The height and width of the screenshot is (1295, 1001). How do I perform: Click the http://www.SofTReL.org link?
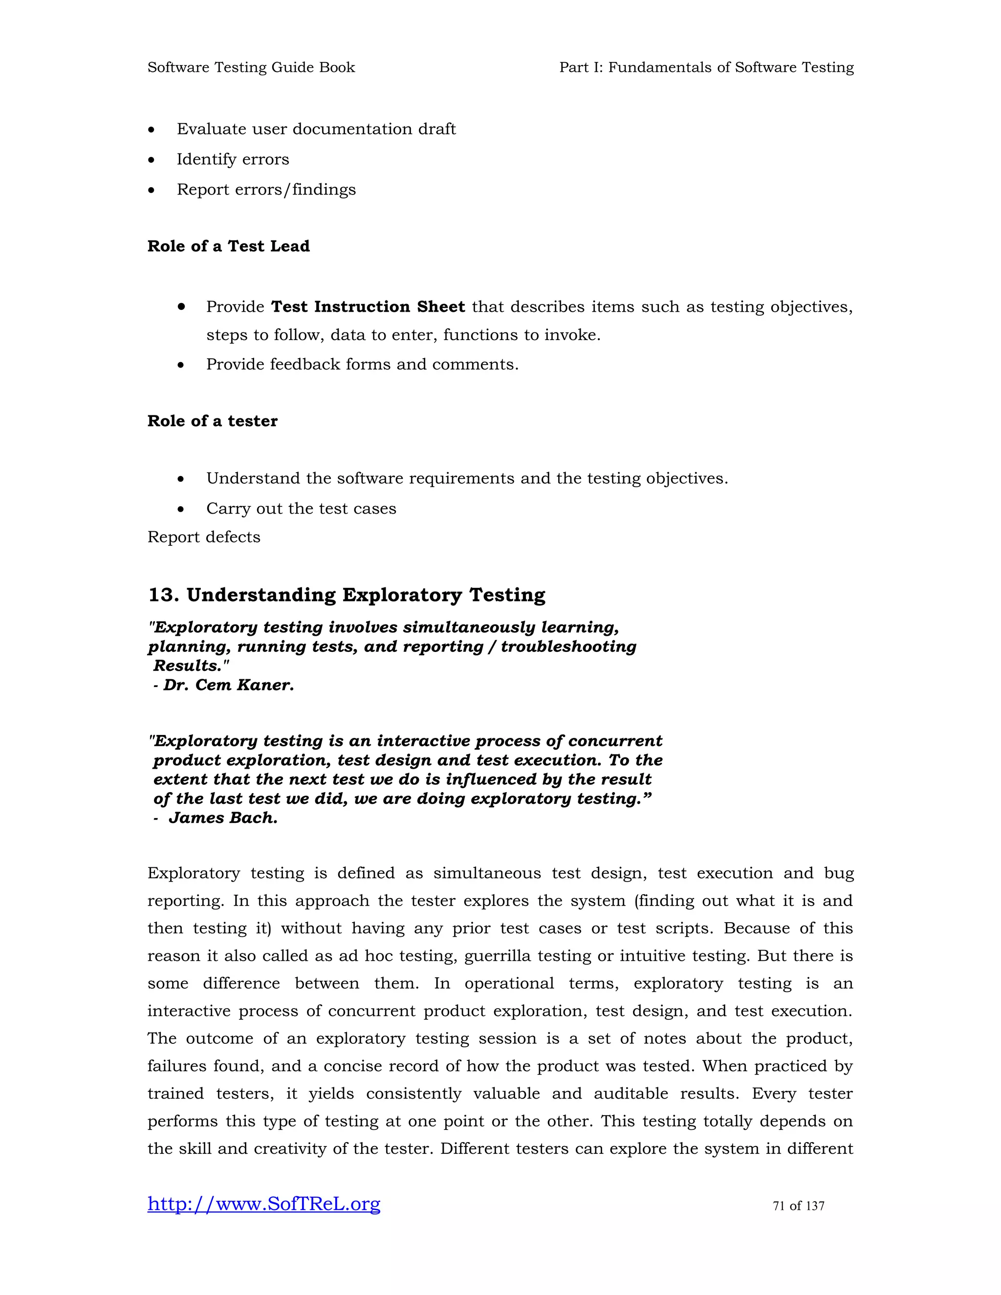pos(263,1204)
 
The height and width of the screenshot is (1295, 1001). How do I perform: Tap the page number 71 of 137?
pos(798,1206)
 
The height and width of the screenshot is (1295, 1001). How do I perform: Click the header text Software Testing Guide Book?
pos(251,67)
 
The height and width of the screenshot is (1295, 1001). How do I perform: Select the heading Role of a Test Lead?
pos(228,246)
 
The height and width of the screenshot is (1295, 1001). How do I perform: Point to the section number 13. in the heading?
pos(164,595)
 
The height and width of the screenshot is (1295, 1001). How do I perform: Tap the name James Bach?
pos(223,818)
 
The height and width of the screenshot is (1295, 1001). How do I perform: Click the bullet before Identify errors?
pos(152,160)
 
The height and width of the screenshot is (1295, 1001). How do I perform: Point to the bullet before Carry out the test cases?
pos(181,509)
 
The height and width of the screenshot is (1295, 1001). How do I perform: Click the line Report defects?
pos(203,537)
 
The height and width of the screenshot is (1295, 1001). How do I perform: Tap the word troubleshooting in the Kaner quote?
pos(568,647)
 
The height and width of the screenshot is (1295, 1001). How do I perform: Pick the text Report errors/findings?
pos(266,190)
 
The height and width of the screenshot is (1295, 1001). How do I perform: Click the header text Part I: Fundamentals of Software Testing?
pos(706,67)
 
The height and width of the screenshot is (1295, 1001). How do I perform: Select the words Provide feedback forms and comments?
pos(362,364)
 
